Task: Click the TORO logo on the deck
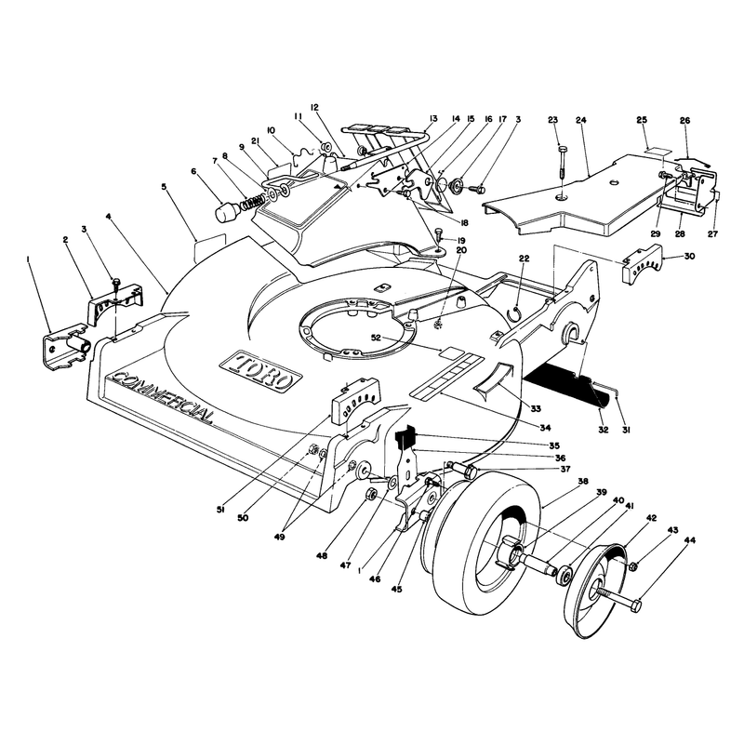point(261,370)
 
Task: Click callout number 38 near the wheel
point(583,481)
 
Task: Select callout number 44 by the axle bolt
point(689,540)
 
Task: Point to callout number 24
point(581,120)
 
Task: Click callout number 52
point(376,338)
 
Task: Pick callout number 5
point(164,187)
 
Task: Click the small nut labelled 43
point(632,566)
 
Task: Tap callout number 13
point(432,119)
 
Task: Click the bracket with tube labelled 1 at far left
point(66,344)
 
